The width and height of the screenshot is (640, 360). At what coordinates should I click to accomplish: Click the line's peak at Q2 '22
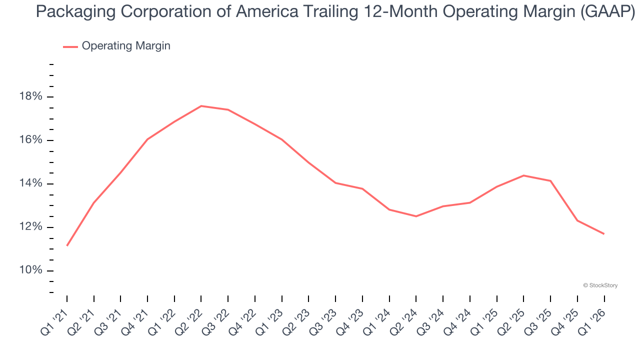click(x=201, y=106)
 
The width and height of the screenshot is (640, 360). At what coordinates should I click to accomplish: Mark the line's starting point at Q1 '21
click(x=67, y=245)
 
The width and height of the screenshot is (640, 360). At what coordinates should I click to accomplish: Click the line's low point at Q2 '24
click(x=416, y=216)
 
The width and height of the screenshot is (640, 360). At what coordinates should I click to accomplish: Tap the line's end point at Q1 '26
click(x=604, y=233)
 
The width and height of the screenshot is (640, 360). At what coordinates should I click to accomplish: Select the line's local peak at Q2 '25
click(x=523, y=175)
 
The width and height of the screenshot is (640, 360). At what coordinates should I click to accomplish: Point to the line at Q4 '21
click(x=147, y=139)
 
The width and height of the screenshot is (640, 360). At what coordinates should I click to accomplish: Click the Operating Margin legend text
click(x=126, y=46)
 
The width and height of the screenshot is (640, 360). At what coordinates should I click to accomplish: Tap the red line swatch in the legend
click(x=70, y=46)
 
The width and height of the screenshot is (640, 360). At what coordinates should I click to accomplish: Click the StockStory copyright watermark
click(x=600, y=285)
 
